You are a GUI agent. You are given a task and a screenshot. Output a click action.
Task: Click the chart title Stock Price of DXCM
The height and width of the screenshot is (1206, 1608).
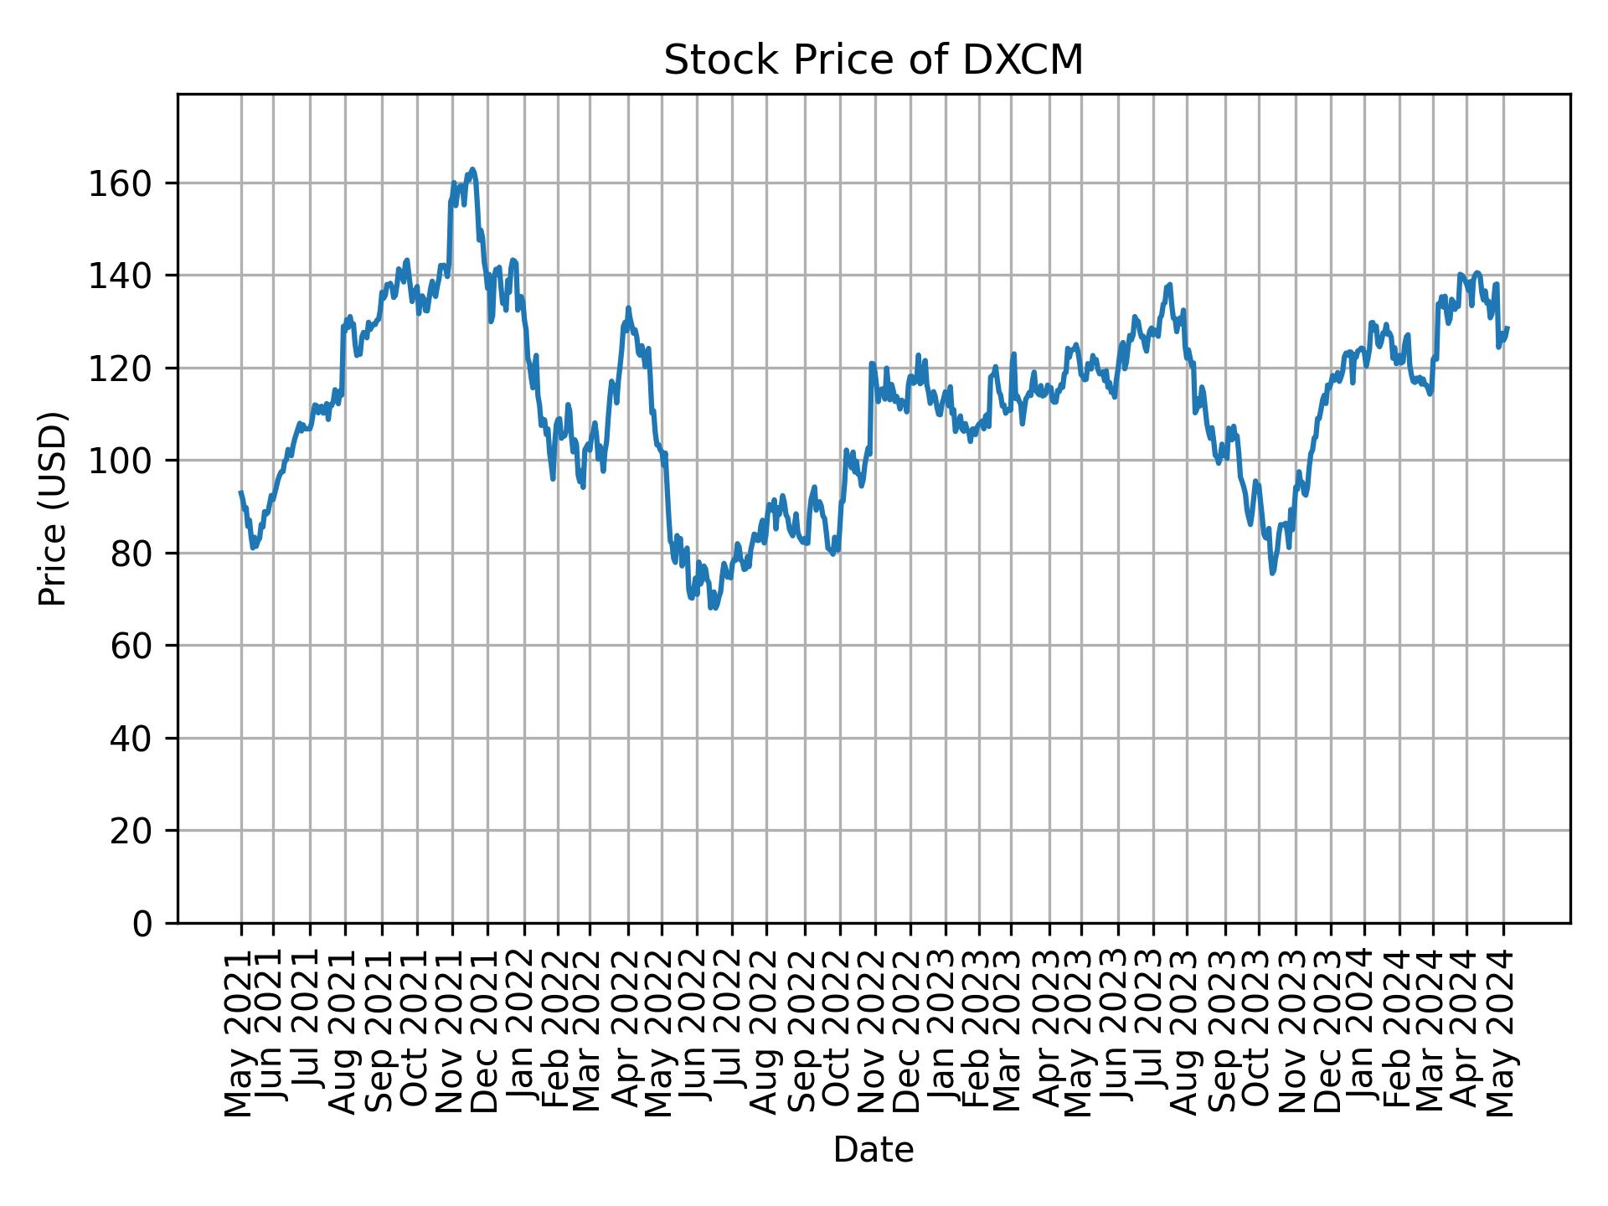pyautogui.click(x=874, y=60)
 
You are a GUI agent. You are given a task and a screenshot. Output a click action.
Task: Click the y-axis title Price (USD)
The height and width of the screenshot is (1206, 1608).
pyautogui.click(x=53, y=508)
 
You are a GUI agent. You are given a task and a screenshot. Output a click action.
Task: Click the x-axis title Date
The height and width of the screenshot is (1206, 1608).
pyautogui.click(x=874, y=1150)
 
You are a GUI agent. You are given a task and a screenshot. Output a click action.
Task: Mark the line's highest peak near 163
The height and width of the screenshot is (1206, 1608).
pyautogui.click(x=472, y=169)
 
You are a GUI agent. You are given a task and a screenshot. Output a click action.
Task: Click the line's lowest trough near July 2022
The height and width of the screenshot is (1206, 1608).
pyautogui.click(x=712, y=607)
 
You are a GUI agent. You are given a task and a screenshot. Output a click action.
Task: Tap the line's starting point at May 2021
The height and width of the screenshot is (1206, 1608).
pyautogui.click(x=240, y=492)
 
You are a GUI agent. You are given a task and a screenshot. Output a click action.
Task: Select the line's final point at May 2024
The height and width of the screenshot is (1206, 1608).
pyautogui.click(x=1507, y=327)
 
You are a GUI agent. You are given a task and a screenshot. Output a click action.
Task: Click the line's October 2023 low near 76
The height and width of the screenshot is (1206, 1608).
pyautogui.click(x=1272, y=573)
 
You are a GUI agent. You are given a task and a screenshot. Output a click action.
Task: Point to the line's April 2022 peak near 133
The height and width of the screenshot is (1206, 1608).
pyautogui.click(x=628, y=307)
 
